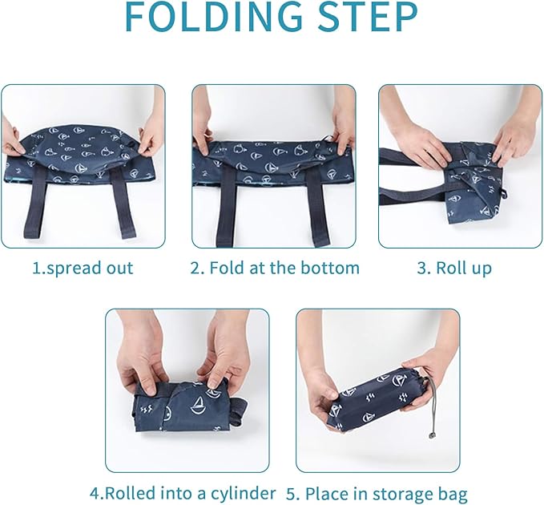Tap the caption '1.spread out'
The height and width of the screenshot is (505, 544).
pyautogui.click(x=83, y=269)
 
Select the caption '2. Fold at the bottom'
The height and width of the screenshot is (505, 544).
pyautogui.click(x=275, y=268)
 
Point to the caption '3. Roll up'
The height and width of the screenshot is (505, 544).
pyautogui.click(x=454, y=269)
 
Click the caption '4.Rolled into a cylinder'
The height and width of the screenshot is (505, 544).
pyautogui.click(x=183, y=493)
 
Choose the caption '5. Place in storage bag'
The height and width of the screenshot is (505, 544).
pyautogui.click(x=377, y=494)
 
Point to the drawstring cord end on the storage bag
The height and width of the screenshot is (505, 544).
pyautogui.click(x=432, y=435)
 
